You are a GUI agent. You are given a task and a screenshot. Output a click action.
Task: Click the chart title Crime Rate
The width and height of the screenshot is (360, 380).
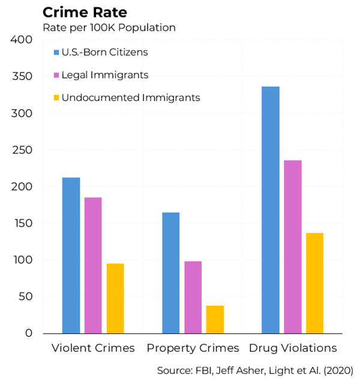tap(84, 13)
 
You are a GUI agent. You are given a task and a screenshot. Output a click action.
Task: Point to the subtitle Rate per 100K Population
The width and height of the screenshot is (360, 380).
tap(108, 28)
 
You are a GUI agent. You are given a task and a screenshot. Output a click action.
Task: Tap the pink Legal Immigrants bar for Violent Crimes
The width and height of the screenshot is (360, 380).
tap(93, 265)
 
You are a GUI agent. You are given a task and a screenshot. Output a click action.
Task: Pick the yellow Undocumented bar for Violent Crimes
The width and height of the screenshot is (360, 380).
tap(115, 298)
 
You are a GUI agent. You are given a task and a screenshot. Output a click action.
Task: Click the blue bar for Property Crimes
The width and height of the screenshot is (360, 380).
tap(170, 273)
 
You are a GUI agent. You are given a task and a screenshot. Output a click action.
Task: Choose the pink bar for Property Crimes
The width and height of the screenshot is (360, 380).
tap(193, 297)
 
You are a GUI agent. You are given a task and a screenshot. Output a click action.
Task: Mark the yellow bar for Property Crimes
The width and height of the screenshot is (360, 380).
tap(215, 319)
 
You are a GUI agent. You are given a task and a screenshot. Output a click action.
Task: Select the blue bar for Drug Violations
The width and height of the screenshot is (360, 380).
tap(271, 210)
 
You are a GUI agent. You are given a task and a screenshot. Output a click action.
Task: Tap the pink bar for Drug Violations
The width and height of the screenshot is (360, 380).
tap(293, 246)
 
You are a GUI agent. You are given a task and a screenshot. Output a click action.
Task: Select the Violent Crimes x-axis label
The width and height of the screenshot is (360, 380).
tap(93, 348)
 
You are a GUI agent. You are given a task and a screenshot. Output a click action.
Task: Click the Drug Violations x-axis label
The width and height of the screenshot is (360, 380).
tap(293, 348)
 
